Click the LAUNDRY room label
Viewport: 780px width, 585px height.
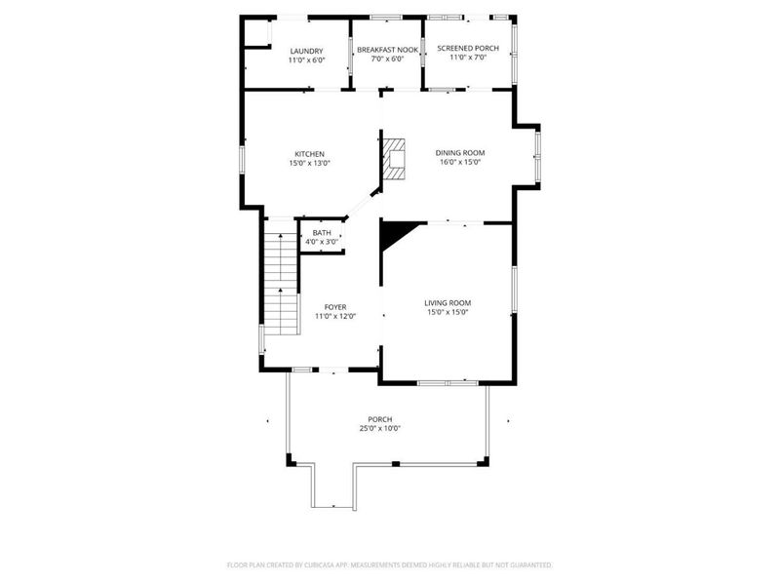click(x=306, y=51)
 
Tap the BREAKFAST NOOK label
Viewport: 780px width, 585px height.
click(x=387, y=50)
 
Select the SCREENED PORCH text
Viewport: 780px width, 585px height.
click(x=468, y=48)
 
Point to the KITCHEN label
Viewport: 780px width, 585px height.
click(x=309, y=154)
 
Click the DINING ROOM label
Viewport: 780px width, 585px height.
click(x=460, y=153)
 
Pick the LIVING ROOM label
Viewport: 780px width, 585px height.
click(x=448, y=303)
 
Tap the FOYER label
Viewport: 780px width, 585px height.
click(x=335, y=307)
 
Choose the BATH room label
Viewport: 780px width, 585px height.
click(x=322, y=233)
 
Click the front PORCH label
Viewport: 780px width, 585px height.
click(x=380, y=419)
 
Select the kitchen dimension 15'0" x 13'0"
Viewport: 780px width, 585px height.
click(x=309, y=163)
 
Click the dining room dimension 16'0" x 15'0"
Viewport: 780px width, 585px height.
click(x=460, y=162)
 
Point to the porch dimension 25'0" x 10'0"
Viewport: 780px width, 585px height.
click(x=380, y=428)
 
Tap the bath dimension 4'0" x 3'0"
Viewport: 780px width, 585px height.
click(x=322, y=242)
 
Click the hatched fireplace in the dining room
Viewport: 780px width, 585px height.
click(x=394, y=159)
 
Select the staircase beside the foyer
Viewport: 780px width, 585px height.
click(x=282, y=284)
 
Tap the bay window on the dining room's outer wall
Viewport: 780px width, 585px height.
click(x=538, y=156)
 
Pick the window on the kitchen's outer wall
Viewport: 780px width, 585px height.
click(x=242, y=159)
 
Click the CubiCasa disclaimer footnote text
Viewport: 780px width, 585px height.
click(x=389, y=565)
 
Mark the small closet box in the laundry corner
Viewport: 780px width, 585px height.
click(x=257, y=33)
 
